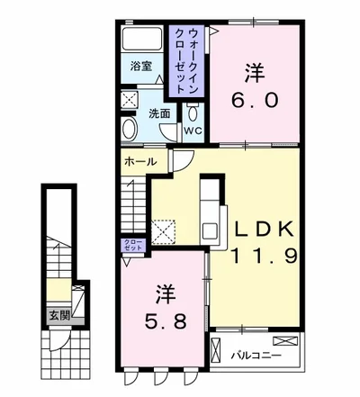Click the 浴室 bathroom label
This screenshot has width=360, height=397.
141,66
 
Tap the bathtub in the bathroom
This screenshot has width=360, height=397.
141,39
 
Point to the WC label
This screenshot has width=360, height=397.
193,130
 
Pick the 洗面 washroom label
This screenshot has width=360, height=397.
159,114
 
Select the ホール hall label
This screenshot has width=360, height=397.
139,162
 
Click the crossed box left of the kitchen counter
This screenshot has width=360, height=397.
166,231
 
